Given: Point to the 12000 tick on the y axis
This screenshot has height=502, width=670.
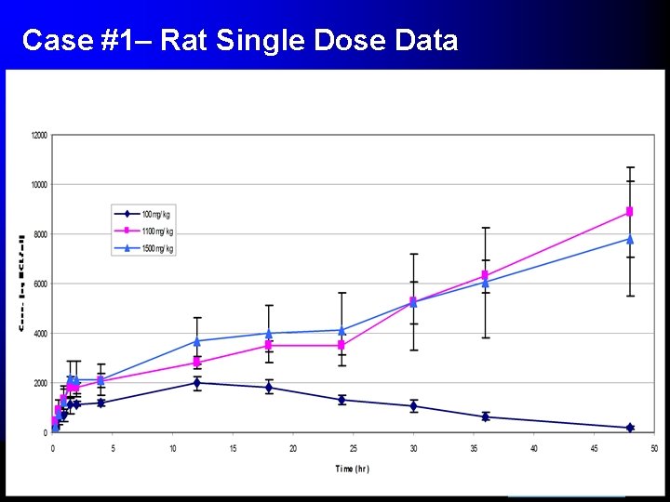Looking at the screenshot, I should click(x=38, y=136).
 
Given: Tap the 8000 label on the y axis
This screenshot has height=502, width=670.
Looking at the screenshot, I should click(x=40, y=234).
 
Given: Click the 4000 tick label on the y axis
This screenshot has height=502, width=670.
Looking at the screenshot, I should click(x=40, y=334).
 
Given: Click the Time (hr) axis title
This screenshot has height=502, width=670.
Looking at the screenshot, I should click(x=352, y=469).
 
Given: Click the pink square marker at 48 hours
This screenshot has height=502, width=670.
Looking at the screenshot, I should click(x=630, y=212).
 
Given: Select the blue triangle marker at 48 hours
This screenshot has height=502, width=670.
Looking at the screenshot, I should click(x=630, y=239).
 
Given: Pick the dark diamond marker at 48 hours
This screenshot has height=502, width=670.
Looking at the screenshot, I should click(x=630, y=428).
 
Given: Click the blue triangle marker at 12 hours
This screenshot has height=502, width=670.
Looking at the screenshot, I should click(x=196, y=341).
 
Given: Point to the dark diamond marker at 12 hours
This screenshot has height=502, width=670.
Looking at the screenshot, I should click(x=196, y=382).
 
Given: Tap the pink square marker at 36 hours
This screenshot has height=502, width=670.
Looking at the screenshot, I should click(x=486, y=275).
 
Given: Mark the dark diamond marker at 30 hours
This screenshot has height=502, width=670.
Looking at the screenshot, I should click(x=413, y=406).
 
